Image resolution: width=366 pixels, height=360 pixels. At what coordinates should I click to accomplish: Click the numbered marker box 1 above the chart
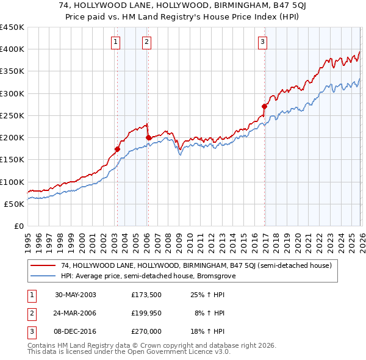(116, 42)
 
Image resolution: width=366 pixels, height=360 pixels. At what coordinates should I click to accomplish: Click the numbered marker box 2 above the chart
(147, 42)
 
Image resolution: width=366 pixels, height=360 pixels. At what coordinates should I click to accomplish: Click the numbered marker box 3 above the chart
(262, 42)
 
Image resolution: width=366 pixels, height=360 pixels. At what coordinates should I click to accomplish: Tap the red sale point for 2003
(118, 149)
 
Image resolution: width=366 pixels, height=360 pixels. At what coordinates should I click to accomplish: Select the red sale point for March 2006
(148, 138)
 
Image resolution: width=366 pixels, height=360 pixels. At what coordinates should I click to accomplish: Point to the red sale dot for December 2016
(264, 106)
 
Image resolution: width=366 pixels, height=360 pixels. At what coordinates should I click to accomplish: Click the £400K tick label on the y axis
(12, 49)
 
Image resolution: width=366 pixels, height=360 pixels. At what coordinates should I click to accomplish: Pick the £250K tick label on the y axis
(12, 115)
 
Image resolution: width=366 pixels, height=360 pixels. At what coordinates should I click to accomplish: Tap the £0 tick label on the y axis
(19, 226)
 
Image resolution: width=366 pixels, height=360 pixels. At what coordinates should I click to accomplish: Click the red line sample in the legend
(43, 265)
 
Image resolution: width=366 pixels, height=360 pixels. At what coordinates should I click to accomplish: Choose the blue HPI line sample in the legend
(43, 276)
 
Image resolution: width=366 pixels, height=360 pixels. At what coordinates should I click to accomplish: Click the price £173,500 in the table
(146, 294)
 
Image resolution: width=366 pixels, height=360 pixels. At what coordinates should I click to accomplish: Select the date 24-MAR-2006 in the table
(76, 313)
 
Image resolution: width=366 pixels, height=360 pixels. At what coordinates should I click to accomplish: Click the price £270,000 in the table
(146, 331)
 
